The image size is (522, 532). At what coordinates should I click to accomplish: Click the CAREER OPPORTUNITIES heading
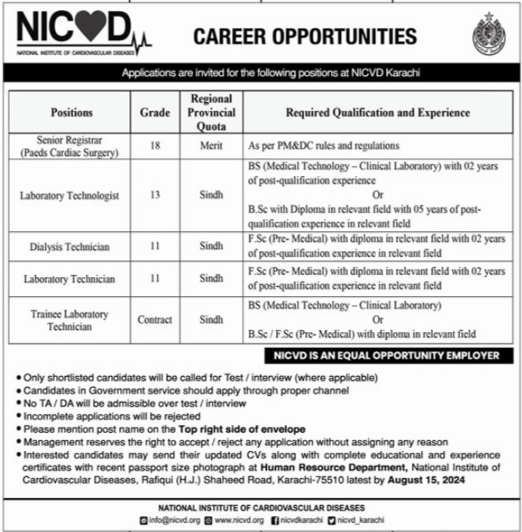(x=304, y=36)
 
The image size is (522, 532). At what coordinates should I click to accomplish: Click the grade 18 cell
(x=154, y=145)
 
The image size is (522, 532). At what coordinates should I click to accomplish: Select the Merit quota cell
(x=211, y=145)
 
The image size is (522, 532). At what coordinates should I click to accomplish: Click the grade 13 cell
(x=154, y=196)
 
